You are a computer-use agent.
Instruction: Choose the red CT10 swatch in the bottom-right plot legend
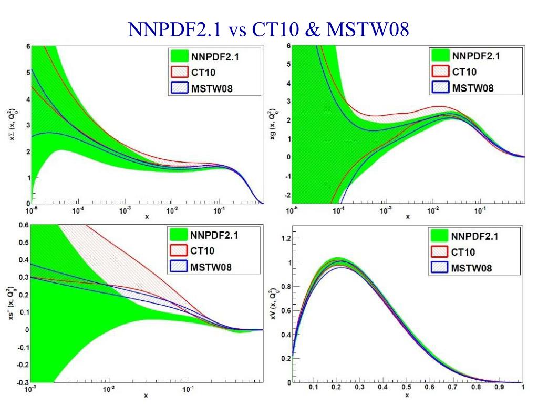(439, 252)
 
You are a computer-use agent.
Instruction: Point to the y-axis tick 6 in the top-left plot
(28, 46)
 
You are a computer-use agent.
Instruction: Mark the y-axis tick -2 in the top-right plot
(287, 195)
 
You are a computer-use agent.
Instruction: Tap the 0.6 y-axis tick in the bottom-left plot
(23, 225)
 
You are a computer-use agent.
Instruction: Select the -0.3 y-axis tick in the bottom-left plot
(22, 382)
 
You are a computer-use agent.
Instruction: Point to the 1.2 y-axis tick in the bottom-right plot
(285, 238)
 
